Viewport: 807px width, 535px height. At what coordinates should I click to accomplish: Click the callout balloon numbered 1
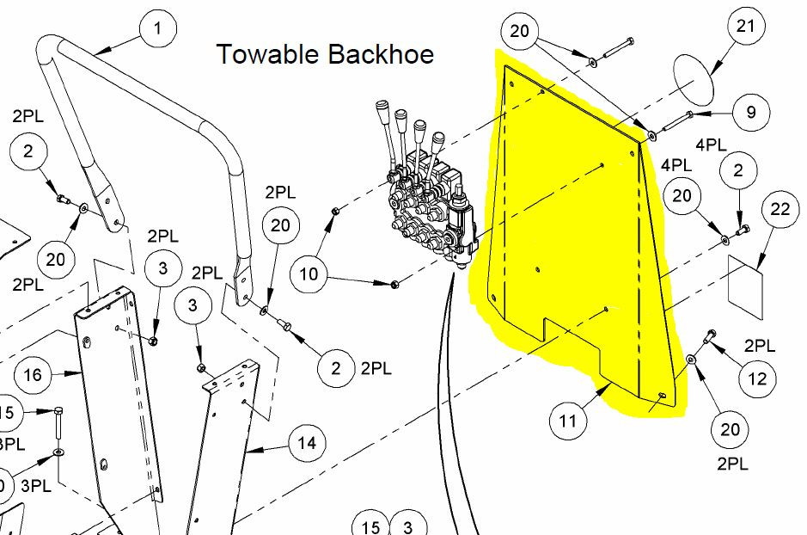pyautogui.click(x=156, y=28)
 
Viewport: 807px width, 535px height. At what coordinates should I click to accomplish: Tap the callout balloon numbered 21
pyautogui.click(x=746, y=26)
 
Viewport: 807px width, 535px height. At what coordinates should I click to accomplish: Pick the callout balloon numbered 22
pyautogui.click(x=780, y=210)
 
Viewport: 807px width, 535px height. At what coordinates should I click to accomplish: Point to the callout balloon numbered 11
pyautogui.click(x=568, y=421)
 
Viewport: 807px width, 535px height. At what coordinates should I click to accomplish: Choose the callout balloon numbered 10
pyautogui.click(x=309, y=274)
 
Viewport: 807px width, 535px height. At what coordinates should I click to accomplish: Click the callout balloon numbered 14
pyautogui.click(x=307, y=444)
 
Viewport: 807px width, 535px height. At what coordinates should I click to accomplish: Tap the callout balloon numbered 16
pyautogui.click(x=34, y=375)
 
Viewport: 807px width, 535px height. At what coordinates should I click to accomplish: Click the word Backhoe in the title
pyautogui.click(x=380, y=54)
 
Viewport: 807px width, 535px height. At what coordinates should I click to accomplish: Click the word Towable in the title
pyautogui.click(x=266, y=54)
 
